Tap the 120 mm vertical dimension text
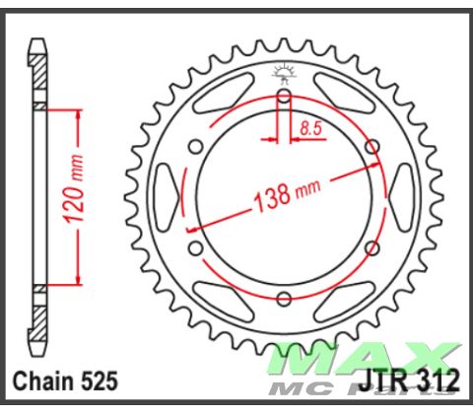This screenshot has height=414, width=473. click(x=81, y=196)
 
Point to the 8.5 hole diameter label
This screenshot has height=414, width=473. click(x=311, y=126)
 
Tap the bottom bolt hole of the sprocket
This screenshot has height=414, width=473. click(x=284, y=300)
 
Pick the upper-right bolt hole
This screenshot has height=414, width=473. click(x=372, y=148)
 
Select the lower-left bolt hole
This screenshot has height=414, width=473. click(x=195, y=248)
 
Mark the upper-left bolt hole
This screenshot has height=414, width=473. click(x=196, y=148)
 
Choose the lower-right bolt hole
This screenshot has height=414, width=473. click(x=372, y=248)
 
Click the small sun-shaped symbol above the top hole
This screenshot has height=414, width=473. click(x=284, y=70)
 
